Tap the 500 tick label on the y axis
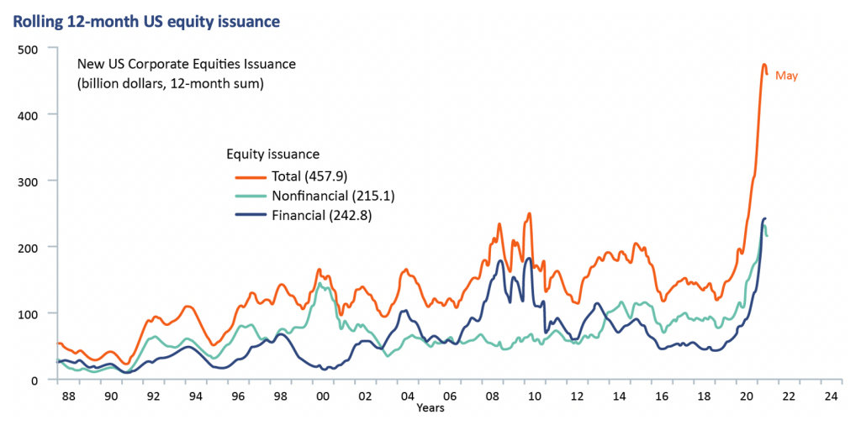pos(29,49)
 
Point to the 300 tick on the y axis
pos(29,181)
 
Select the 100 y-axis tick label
pos(29,313)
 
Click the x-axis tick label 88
pos(68,396)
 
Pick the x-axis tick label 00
pos(320,396)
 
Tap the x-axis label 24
pos(831,396)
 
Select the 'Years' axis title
pos(430,409)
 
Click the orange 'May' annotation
pos(786,76)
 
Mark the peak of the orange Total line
pos(763,65)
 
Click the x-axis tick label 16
pos(661,396)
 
